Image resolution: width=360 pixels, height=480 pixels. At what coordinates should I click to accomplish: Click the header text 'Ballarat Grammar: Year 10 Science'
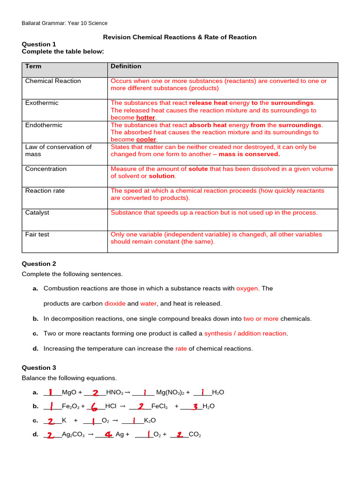click(65, 23)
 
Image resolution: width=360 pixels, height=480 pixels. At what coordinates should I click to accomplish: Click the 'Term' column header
click(33, 67)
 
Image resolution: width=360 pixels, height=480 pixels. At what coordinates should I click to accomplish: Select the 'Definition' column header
click(126, 67)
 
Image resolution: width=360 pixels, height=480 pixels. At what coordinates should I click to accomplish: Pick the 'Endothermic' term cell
click(44, 125)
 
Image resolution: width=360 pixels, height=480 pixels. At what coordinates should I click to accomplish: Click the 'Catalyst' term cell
click(37, 212)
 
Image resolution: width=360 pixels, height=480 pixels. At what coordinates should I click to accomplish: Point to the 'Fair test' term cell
click(37, 234)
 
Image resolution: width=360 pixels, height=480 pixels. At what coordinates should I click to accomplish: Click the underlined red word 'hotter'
click(145, 118)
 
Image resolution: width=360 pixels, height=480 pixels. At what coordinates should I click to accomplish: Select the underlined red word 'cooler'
click(146, 140)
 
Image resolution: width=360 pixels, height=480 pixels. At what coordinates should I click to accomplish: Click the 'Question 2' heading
click(39, 264)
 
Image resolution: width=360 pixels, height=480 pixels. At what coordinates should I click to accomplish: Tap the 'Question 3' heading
click(39, 367)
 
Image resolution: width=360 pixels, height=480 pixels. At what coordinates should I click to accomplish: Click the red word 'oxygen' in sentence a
click(247, 288)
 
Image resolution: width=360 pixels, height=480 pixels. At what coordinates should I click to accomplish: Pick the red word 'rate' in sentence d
click(181, 348)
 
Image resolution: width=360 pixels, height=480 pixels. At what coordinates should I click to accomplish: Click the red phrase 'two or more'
click(261, 319)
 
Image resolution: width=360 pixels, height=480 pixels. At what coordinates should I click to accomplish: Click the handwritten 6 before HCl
click(94, 406)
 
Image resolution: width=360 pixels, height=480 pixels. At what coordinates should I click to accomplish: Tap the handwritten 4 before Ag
click(108, 435)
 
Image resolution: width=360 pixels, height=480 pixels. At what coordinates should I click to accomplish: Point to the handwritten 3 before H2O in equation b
click(195, 406)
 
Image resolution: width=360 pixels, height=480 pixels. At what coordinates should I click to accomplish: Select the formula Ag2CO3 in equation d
click(73, 435)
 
